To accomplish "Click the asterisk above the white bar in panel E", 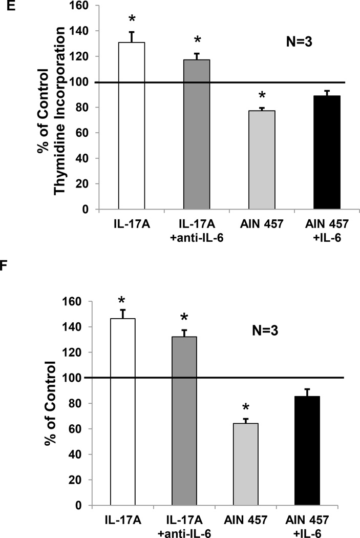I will tap(132, 19).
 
